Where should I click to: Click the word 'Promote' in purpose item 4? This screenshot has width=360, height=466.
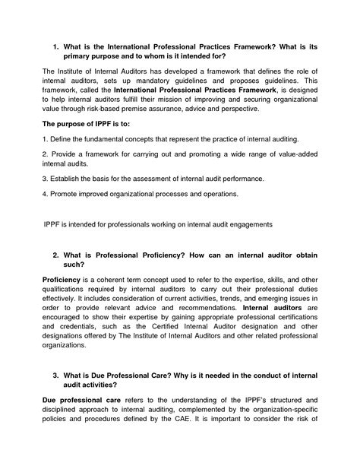click(x=66, y=194)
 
